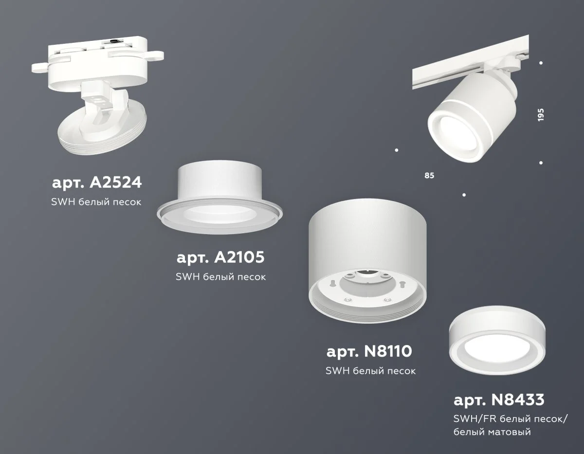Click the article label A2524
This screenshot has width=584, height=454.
click(96, 183)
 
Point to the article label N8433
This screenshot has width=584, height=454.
click(499, 401)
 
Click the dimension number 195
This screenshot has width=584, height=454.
click(541, 115)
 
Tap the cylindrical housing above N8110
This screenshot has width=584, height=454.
click(368, 253)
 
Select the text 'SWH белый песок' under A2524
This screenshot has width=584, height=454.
click(96, 202)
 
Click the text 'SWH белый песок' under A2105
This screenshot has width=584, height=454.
click(220, 277)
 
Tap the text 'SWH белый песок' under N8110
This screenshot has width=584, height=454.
click(370, 371)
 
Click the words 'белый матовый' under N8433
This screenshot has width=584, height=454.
click(492, 432)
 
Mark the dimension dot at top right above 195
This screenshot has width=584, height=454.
click(541, 63)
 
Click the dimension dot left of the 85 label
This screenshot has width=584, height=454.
click(397, 149)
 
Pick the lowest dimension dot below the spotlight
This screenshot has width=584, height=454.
click(464, 195)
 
